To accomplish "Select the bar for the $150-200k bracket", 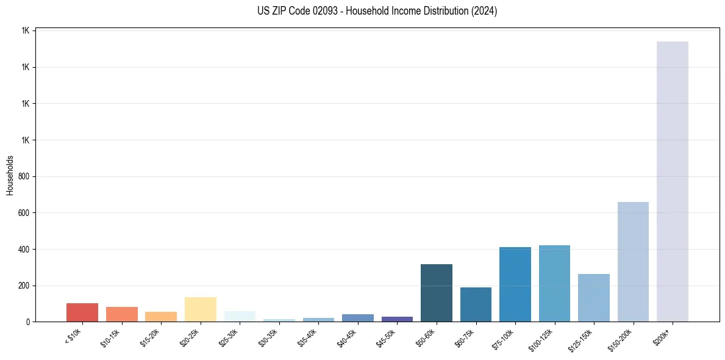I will tap(633, 262).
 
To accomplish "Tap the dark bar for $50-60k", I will tap(436, 293).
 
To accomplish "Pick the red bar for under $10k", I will tap(82, 312).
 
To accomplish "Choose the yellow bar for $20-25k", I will tap(200, 309).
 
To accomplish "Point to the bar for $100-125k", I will tap(554, 284).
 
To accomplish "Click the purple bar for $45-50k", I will tap(397, 319).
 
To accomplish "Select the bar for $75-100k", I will tap(515, 284).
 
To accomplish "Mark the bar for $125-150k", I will tap(593, 298).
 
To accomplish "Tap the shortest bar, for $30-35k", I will tap(279, 320).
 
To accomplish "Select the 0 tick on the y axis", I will tap(29, 322).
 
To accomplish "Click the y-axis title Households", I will tap(10, 176).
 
